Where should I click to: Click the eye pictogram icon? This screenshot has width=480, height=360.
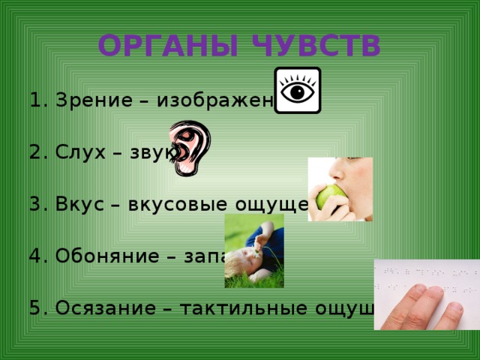(298, 90)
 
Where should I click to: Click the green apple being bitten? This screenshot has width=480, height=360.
(330, 198)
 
